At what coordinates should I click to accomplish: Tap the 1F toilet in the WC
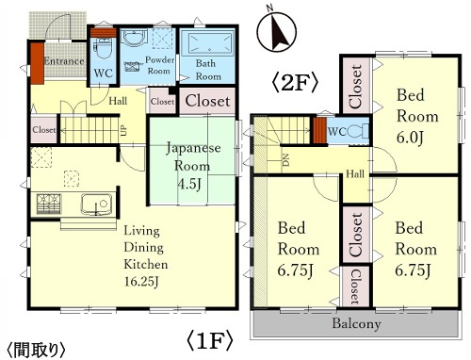click(103, 49)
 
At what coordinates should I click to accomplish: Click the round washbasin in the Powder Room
click(135, 39)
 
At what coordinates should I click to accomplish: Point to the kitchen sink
click(96, 205)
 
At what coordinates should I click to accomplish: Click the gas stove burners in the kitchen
click(49, 205)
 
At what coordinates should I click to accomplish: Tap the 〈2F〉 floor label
click(296, 83)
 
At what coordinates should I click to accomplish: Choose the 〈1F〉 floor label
click(210, 340)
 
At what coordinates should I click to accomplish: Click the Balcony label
click(356, 323)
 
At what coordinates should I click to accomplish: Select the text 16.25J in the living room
click(141, 282)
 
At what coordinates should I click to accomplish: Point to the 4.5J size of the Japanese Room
click(189, 184)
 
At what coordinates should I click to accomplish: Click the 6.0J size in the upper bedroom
click(411, 138)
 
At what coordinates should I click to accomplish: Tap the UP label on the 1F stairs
click(124, 130)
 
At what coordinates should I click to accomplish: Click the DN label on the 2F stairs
click(285, 160)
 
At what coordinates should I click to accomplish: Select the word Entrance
click(64, 61)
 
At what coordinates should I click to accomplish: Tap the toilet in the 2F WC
click(359, 131)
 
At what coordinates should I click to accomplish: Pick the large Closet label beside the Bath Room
click(207, 101)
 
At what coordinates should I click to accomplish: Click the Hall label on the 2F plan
click(355, 173)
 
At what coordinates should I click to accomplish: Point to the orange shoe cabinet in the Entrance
click(37, 63)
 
